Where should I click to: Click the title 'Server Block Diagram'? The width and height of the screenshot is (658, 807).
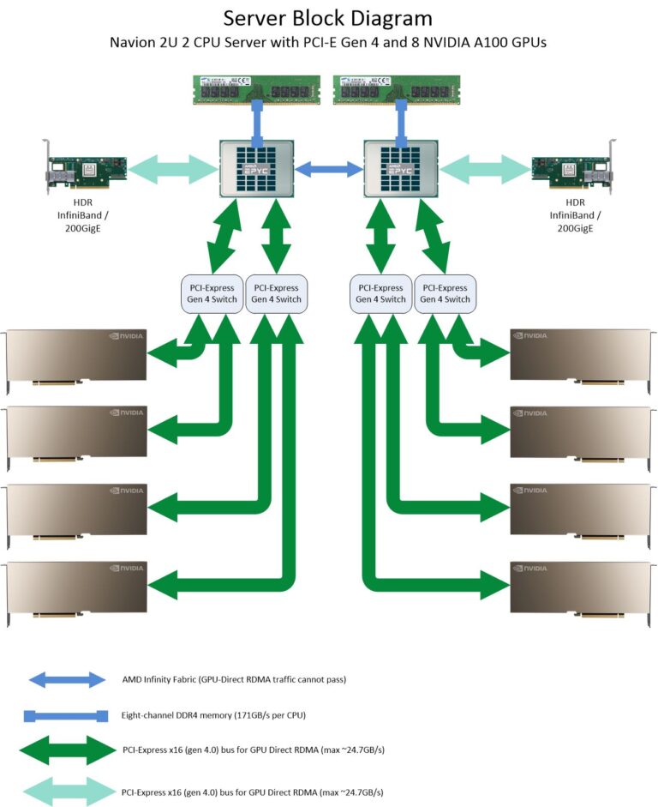point(328,17)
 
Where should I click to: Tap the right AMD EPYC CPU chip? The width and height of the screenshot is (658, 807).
point(400,168)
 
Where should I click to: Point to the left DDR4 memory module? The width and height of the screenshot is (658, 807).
point(256,89)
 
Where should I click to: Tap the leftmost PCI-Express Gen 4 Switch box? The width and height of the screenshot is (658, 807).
point(212,293)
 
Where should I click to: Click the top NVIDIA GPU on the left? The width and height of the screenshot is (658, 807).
point(75,355)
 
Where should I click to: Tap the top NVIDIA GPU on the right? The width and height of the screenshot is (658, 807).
point(581,355)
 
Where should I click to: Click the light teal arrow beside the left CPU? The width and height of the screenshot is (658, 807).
point(172,168)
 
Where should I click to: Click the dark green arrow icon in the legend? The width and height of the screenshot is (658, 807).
point(67,750)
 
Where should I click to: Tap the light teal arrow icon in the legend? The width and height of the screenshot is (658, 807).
point(67,792)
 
